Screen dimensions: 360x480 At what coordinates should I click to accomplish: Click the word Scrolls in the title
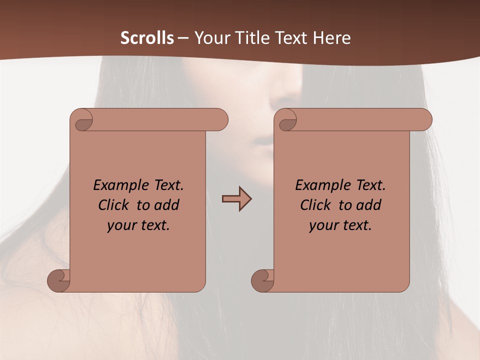(x=147, y=38)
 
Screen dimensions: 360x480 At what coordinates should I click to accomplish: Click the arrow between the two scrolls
(x=236, y=198)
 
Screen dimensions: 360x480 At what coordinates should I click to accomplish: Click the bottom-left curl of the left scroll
(x=58, y=280)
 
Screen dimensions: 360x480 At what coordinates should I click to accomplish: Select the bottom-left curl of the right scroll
(x=262, y=280)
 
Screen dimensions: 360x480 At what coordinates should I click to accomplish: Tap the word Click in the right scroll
(x=315, y=205)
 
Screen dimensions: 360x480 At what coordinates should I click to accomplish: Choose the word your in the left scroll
(x=120, y=226)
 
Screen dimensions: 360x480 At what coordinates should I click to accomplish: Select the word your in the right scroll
(x=322, y=226)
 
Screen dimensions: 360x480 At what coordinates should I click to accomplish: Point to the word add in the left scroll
(x=167, y=205)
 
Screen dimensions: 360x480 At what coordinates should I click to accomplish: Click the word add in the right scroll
(x=369, y=205)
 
